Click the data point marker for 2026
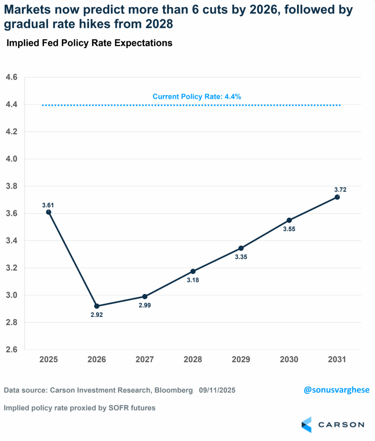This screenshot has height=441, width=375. tap(97, 306)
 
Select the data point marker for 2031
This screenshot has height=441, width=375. tap(337, 197)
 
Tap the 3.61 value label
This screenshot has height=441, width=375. tap(48, 205)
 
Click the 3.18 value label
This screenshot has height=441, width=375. tap(193, 280)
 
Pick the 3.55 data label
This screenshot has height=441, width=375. tap(289, 229)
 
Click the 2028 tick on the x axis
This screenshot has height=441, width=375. tap(193, 359)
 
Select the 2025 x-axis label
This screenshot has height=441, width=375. tap(48, 359)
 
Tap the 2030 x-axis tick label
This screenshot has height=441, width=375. tap(289, 359)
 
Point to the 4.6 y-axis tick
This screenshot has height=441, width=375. tap(11, 78)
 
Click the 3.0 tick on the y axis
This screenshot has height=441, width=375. tap(11, 295)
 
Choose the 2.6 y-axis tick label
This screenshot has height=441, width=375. tap(11, 350)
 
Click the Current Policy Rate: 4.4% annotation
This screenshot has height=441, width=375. tap(197, 97)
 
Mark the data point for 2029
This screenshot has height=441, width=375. tap(241, 248)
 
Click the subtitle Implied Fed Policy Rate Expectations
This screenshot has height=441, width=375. tap(89, 43)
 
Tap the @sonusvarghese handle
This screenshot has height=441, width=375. tap(337, 390)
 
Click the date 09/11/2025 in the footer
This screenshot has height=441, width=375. tap(217, 391)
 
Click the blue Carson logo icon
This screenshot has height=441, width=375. tap(306, 424)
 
